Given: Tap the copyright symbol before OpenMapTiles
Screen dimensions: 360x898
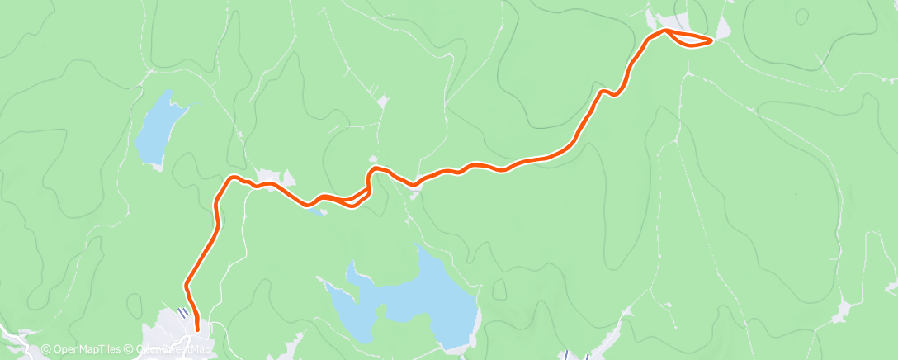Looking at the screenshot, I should coord(45,349).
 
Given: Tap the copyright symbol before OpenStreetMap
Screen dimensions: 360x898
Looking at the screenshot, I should coord(130,349).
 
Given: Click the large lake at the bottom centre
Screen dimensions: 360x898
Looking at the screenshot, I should coord(413,297).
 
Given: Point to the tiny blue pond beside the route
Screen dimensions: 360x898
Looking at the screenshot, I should coord(314,209).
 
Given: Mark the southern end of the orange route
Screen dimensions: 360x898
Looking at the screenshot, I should coord(197,330).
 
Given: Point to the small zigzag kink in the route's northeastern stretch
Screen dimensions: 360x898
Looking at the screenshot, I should coord(608,92).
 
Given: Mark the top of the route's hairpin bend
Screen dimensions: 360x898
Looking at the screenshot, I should coord(376,168).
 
